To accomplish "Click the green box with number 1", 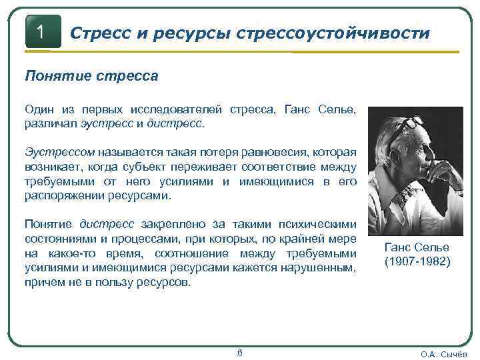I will [42, 32].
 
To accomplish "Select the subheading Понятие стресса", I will [91, 75].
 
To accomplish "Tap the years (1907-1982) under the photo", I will [417, 262].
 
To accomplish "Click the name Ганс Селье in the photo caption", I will [417, 247].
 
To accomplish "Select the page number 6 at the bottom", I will [239, 352].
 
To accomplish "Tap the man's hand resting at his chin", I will [437, 170].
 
